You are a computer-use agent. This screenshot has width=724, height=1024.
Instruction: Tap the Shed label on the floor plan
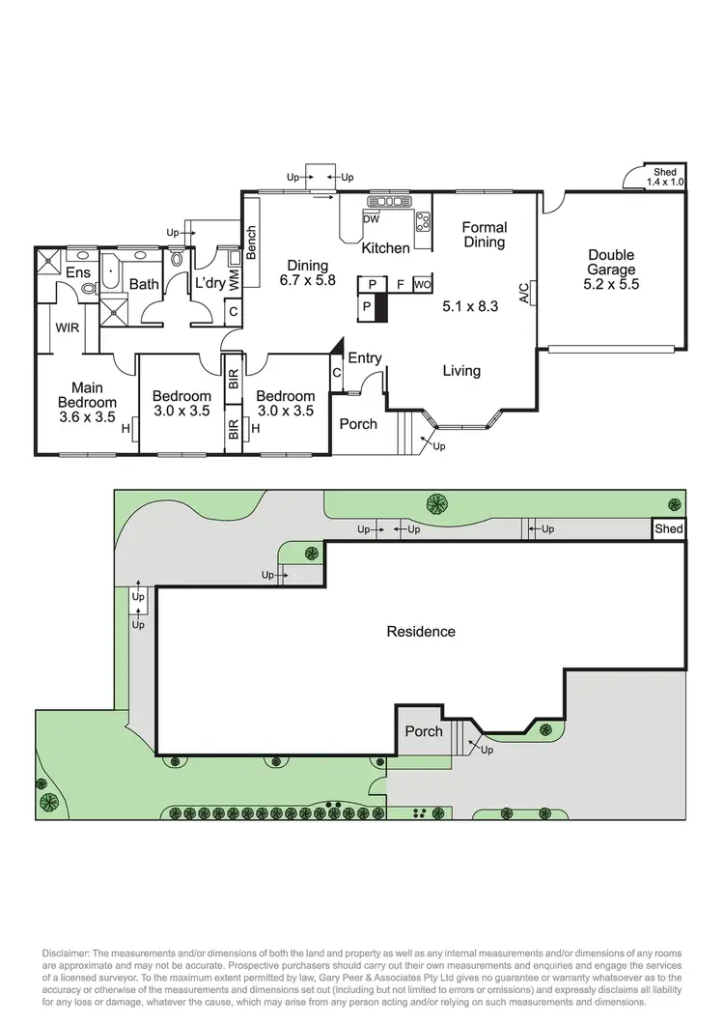pos(664,171)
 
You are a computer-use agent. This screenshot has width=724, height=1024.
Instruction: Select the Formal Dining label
pos(485,235)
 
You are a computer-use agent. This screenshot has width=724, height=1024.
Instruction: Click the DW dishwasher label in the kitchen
pos(371,218)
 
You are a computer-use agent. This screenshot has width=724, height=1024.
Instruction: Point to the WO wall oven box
pos(422,284)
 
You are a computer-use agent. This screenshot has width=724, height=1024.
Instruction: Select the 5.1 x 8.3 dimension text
pos(470,307)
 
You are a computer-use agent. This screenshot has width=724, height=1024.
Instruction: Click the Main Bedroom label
pos(87,395)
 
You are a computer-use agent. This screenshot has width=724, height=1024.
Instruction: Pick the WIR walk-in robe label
pos(68,328)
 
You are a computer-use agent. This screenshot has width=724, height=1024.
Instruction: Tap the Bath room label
pos(144,284)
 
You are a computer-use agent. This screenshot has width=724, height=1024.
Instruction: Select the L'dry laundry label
pos(209,284)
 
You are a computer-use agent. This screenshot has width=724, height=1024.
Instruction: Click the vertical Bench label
pos(252,242)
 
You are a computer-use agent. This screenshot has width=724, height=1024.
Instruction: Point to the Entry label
pos(364,358)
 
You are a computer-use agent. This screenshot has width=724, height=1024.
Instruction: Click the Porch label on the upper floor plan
pos(357,424)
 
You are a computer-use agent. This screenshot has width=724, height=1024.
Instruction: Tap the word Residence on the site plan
pos(421,632)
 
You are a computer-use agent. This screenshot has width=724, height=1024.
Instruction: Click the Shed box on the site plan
pos(668,529)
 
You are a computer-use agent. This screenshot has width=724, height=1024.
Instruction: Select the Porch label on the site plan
pos(423,731)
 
